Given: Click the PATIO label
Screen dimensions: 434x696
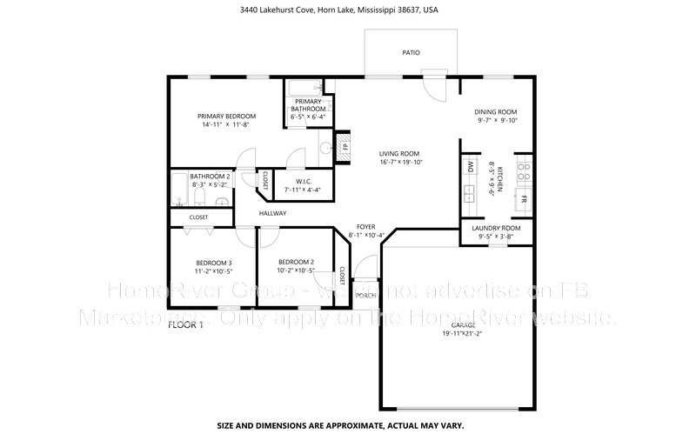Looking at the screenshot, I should [x=411, y=53].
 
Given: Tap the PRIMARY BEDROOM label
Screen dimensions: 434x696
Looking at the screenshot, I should [x=226, y=117].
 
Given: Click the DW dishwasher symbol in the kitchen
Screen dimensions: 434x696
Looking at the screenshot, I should [x=470, y=167].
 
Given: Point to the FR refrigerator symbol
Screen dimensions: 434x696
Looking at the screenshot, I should [x=524, y=198].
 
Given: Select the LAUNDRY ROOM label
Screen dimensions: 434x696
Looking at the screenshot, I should [x=495, y=228].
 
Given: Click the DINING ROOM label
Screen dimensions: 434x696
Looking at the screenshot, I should [x=496, y=112].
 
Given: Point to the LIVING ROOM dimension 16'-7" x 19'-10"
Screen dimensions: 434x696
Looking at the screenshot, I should [x=400, y=162].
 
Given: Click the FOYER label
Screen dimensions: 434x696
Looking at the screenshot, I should [x=365, y=226].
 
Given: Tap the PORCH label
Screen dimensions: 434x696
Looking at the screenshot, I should [x=365, y=295].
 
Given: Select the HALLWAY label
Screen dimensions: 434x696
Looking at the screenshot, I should [x=271, y=213].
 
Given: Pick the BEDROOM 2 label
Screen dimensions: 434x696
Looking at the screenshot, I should [x=296, y=262].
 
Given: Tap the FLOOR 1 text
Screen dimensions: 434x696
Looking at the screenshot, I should [x=185, y=324].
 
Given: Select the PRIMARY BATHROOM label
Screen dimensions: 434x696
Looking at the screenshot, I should [x=308, y=104].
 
